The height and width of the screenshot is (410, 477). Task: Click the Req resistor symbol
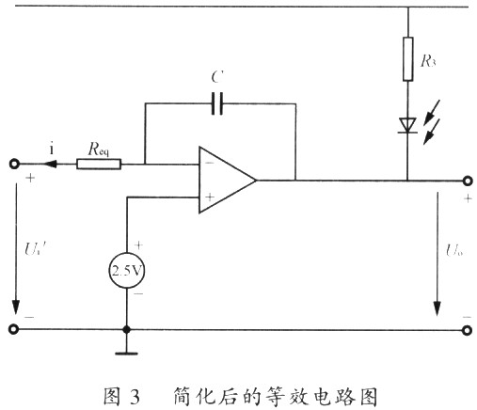click(99, 164)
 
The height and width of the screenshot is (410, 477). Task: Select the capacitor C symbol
click(217, 103)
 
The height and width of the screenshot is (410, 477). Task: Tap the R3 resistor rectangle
click(407, 59)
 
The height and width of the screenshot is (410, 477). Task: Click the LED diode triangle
click(407, 125)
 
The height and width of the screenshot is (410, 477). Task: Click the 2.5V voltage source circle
click(127, 270)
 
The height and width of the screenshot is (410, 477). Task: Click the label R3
click(428, 60)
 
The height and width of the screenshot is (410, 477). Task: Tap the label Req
click(99, 149)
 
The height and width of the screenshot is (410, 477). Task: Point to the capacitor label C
click(217, 77)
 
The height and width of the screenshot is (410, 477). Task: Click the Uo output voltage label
click(454, 250)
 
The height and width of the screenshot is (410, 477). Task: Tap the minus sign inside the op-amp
click(209, 163)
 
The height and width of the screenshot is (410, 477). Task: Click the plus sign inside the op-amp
click(210, 197)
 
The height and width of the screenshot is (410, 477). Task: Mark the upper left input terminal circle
click(14, 164)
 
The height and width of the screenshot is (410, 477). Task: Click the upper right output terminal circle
click(468, 181)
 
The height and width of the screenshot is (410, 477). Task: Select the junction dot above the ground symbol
click(126, 330)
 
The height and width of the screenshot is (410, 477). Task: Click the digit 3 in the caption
click(135, 397)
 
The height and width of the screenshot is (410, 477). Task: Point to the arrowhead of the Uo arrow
click(437, 308)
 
